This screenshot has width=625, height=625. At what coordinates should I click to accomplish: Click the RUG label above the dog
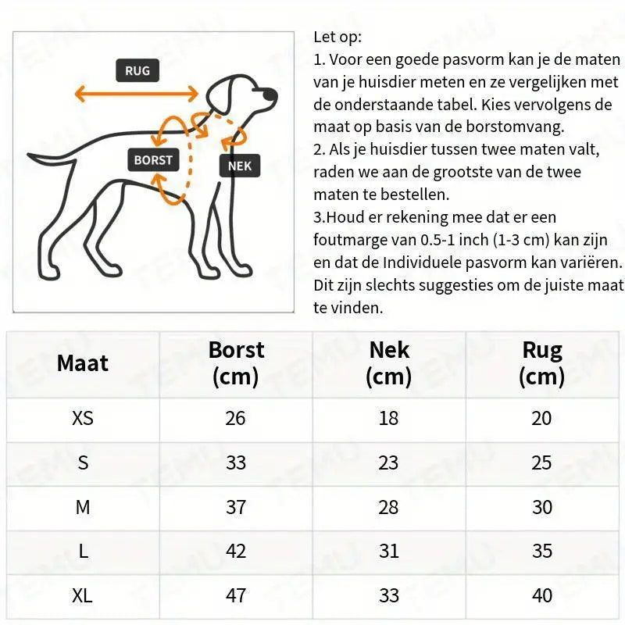click(x=137, y=71)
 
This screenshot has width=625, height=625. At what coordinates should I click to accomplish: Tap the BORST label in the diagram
click(x=152, y=160)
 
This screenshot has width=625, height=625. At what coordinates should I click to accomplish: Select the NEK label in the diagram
click(x=240, y=166)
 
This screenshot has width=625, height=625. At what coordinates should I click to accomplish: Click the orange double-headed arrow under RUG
click(x=137, y=95)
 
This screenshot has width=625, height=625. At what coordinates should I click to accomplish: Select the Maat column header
click(x=83, y=363)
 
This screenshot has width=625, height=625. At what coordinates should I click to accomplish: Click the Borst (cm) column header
click(x=236, y=363)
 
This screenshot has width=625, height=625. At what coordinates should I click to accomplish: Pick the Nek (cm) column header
click(x=389, y=363)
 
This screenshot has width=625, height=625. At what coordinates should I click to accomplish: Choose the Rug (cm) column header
click(x=542, y=363)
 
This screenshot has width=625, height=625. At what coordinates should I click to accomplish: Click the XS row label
click(x=83, y=418)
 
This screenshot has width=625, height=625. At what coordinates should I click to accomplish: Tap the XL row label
click(x=83, y=595)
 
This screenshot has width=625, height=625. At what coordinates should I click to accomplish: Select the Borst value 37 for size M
click(x=236, y=507)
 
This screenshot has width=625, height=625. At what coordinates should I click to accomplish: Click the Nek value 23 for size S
click(x=389, y=462)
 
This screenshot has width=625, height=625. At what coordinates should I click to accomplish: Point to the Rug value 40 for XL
click(x=542, y=595)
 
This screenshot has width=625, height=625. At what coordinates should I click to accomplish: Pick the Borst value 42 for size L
click(x=236, y=552)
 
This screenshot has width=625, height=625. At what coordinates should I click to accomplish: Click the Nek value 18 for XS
click(x=389, y=418)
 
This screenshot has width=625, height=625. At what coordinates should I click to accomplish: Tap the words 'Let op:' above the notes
click(x=337, y=37)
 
